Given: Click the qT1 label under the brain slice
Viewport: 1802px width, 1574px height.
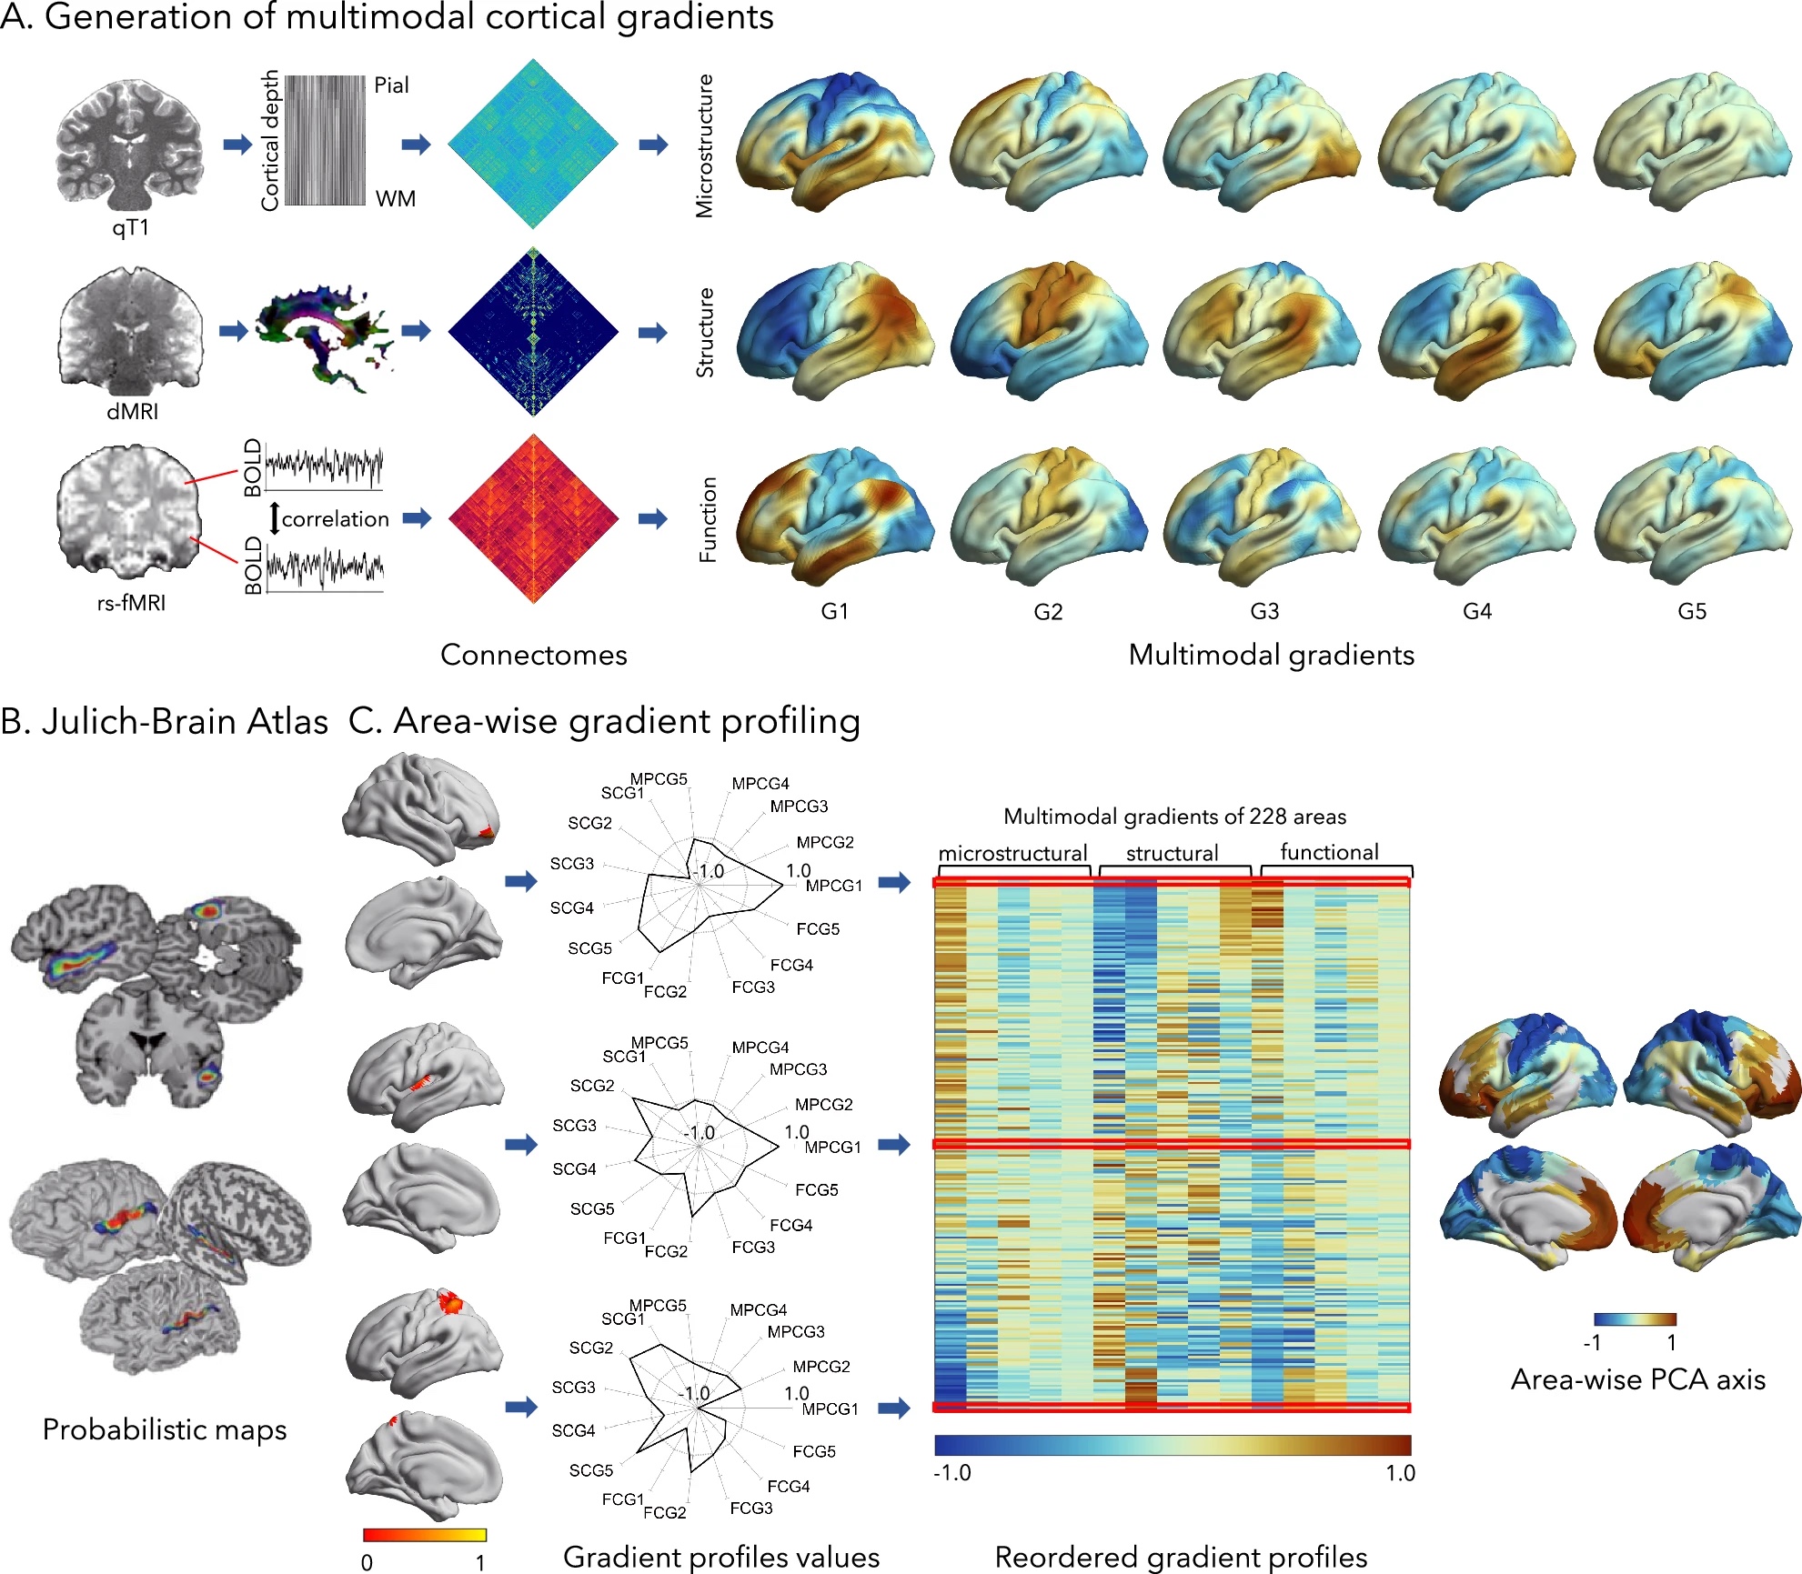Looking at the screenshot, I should click(130, 227).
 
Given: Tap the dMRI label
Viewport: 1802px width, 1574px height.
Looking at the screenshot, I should click(133, 412).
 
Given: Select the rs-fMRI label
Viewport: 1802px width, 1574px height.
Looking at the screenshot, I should click(132, 603).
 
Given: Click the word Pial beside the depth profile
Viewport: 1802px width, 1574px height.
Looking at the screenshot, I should click(391, 85).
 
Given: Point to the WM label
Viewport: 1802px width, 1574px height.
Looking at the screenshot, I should click(395, 198).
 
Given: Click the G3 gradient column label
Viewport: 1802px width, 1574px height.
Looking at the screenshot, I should click(1264, 611).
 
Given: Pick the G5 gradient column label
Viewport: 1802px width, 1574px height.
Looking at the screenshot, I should click(1692, 611).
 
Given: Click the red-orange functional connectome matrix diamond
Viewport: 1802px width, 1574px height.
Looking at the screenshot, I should click(534, 519).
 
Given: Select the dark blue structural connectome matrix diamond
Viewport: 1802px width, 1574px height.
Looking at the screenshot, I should click(534, 332).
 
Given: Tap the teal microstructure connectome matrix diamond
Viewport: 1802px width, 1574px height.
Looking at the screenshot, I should click(534, 144).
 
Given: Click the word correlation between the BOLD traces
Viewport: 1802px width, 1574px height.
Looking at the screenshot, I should click(335, 519).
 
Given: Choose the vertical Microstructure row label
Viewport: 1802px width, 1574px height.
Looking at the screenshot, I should click(705, 145).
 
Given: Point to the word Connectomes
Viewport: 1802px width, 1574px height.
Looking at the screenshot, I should click(534, 655).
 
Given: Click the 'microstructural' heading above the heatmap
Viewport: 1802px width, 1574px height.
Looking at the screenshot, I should click(1012, 853).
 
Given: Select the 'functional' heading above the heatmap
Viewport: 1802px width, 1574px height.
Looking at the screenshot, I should click(1329, 852).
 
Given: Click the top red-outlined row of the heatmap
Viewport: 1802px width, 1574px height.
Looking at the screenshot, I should click(1172, 882).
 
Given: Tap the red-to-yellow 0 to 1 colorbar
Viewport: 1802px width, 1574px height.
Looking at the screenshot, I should click(424, 1535).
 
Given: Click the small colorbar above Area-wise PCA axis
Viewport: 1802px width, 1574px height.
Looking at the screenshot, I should click(1635, 1319).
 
